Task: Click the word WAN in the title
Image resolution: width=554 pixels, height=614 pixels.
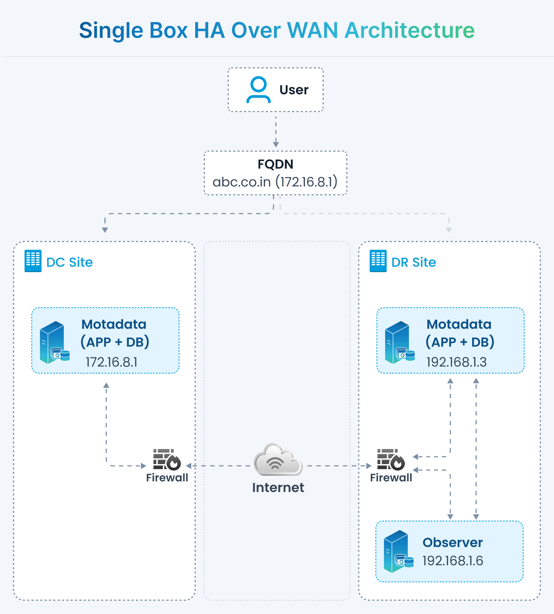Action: (312, 30)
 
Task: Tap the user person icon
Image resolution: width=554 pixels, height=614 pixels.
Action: (258, 90)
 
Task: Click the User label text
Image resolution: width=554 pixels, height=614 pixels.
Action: (294, 90)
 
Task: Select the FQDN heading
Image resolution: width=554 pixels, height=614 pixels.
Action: (275, 164)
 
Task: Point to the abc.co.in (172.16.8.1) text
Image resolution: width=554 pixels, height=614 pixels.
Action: (275, 182)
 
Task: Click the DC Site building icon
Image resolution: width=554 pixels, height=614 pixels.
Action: (33, 261)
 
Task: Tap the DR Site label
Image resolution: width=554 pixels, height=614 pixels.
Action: (414, 262)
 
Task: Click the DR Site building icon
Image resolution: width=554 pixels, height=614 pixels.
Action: (378, 261)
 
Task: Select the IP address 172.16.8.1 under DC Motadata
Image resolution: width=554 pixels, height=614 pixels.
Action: (112, 362)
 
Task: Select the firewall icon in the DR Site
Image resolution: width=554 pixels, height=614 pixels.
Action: (391, 460)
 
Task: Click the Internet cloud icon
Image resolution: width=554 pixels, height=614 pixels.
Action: (278, 460)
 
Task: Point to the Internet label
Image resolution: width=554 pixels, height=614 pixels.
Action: (278, 488)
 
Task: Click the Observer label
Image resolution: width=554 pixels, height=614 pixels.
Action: (453, 542)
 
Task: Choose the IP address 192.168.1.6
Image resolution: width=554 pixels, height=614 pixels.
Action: (453, 561)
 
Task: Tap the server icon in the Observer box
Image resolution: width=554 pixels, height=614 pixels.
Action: (399, 552)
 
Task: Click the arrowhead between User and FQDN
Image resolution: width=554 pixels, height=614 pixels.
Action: (276, 144)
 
